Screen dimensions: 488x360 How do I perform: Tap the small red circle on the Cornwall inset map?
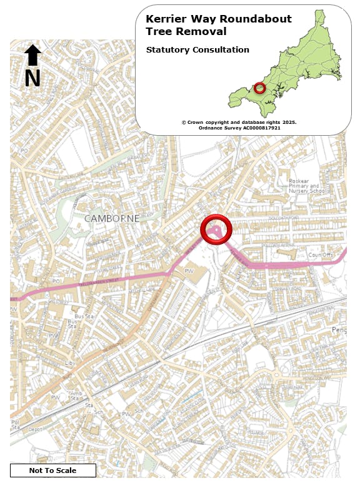260,88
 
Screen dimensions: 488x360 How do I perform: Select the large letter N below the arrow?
32,78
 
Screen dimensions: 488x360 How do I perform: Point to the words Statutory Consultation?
197,49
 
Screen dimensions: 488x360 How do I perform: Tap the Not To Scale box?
52,470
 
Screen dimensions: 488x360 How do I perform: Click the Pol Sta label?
14,425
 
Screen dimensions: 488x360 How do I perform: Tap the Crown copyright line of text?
239,122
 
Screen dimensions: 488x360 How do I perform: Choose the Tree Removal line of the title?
186,31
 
